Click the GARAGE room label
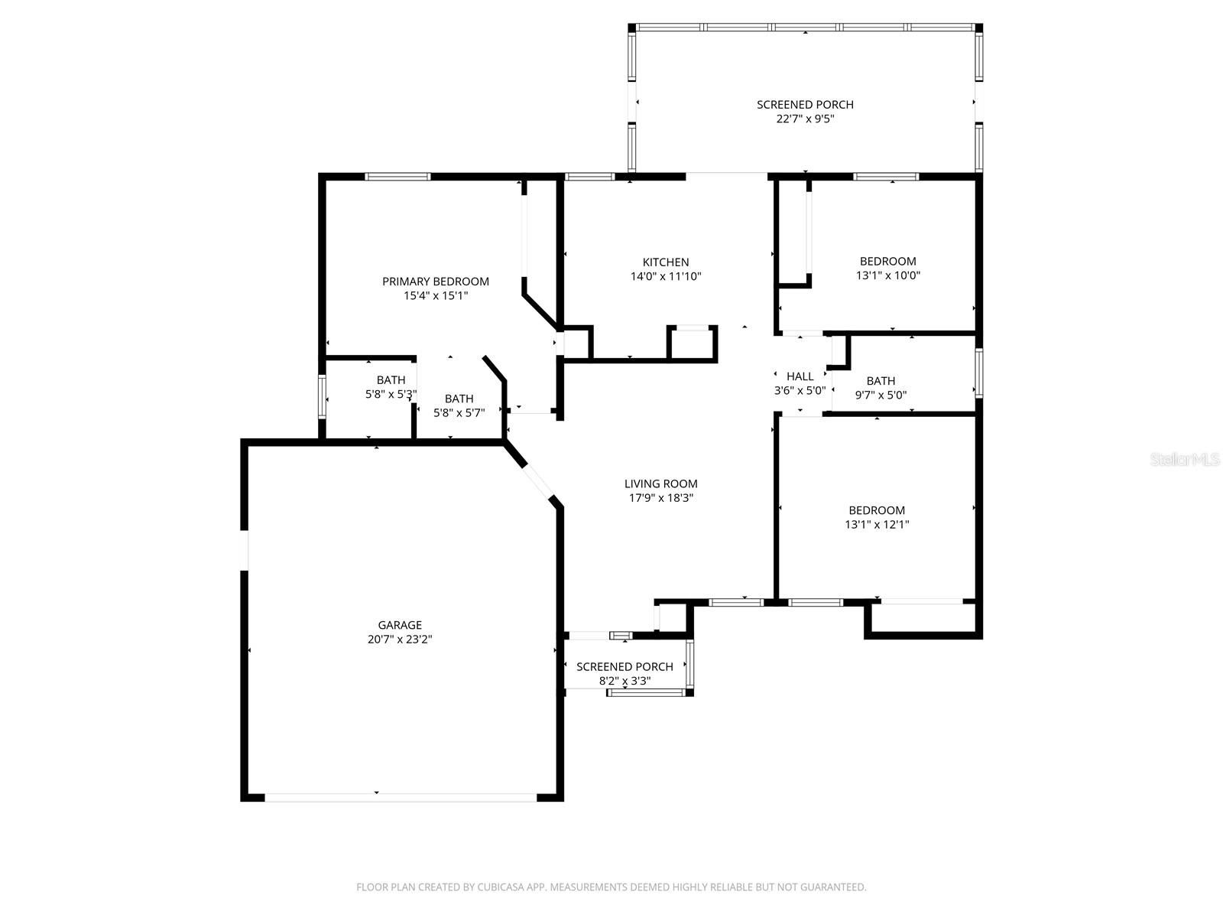[x=400, y=625]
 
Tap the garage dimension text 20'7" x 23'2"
[x=400, y=640]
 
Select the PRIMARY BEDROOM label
[x=436, y=282]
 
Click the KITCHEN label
[x=665, y=262]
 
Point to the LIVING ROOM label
[x=660, y=483]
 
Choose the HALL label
[x=800, y=376]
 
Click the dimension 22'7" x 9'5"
[x=805, y=119]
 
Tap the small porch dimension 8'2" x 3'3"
[x=624, y=681]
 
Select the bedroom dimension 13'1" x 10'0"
[x=887, y=275]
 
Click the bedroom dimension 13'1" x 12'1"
[x=877, y=525]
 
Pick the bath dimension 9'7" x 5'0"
[x=881, y=396]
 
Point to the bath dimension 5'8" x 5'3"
[x=391, y=395]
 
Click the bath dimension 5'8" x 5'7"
[x=459, y=413]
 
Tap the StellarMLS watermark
[x=1185, y=460]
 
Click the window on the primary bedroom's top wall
[x=397, y=177]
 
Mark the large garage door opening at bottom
[x=401, y=797]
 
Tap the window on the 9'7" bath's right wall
[x=978, y=373]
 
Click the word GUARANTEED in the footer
[x=835, y=887]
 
